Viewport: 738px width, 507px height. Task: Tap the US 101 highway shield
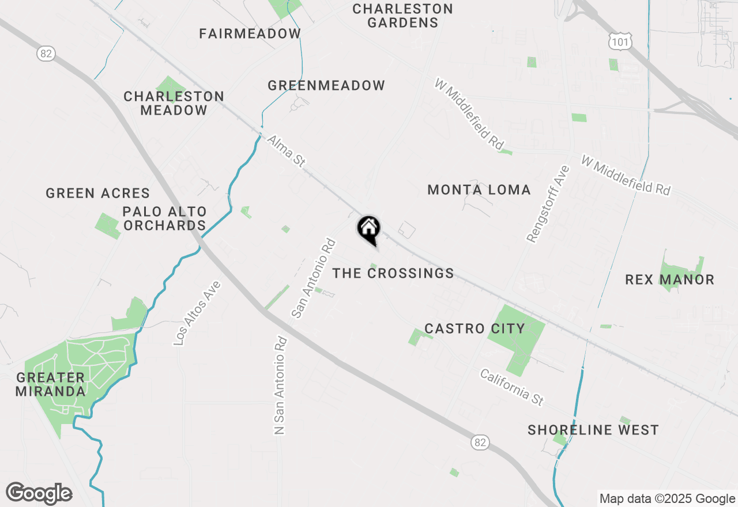[620, 40]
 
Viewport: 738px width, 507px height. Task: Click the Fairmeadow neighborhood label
[250, 33]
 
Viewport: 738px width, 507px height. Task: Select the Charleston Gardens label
[402, 16]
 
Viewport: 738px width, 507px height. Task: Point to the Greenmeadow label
[326, 86]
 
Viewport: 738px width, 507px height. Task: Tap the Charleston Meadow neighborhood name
[174, 103]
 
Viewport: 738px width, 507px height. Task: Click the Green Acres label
[98, 193]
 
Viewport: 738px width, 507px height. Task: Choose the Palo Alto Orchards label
[165, 218]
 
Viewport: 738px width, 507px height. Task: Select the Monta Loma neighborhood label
[479, 190]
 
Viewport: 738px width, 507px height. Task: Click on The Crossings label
[394, 273]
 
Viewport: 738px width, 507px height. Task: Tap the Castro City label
[475, 328]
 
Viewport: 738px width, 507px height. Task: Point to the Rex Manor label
[670, 280]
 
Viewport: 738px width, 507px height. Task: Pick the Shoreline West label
[593, 430]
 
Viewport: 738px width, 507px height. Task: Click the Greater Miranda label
[51, 384]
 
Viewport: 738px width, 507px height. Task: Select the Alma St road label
[286, 151]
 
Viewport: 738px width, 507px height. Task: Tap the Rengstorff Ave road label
[548, 203]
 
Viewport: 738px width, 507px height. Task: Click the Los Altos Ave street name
[197, 313]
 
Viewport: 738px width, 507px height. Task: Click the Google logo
[39, 494]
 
